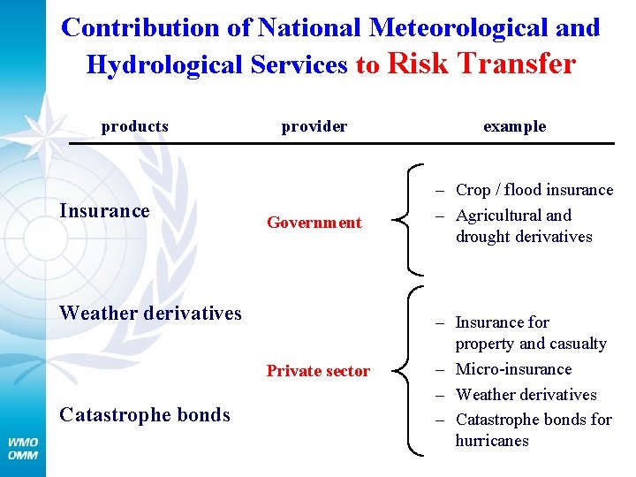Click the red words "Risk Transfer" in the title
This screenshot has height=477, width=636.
pyautogui.click(x=481, y=64)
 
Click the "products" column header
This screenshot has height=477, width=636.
pyautogui.click(x=134, y=126)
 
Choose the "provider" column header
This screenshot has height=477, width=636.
pyautogui.click(x=314, y=126)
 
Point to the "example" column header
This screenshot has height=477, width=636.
pyautogui.click(x=514, y=126)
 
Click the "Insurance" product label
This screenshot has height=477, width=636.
pyautogui.click(x=104, y=211)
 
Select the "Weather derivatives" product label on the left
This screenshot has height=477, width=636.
pyautogui.click(x=150, y=313)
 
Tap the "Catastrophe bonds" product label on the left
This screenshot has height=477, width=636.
pyautogui.click(x=144, y=414)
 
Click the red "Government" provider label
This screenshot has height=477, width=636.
pyautogui.click(x=314, y=223)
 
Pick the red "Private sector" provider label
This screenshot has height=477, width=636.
pyautogui.click(x=318, y=371)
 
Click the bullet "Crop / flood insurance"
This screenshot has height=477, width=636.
pyautogui.click(x=534, y=190)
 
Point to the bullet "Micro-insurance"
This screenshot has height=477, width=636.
pyautogui.click(x=513, y=369)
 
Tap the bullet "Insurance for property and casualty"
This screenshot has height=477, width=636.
pyautogui.click(x=530, y=333)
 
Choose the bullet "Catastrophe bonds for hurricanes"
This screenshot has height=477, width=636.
pyautogui.click(x=533, y=430)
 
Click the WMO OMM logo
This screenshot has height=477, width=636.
pyautogui.click(x=23, y=448)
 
